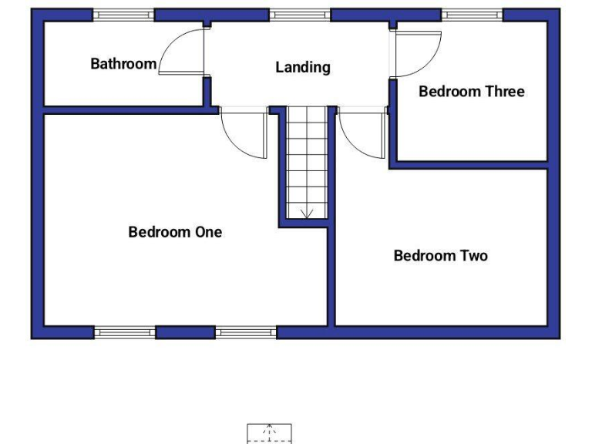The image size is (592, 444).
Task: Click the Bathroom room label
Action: coord(123,64)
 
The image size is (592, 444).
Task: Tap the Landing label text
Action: coord(303,68)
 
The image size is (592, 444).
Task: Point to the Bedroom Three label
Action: coord(471,92)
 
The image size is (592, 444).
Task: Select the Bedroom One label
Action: coord(175,232)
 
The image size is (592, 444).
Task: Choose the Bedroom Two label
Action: coord(440,256)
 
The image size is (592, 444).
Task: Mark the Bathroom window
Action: coord(123,15)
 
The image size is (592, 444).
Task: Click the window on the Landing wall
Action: coord(300,15)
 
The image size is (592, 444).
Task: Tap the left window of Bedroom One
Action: coord(125,332)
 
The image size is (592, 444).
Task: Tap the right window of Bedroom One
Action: coord(245,332)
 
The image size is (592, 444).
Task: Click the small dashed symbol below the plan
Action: coord(269,433)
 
